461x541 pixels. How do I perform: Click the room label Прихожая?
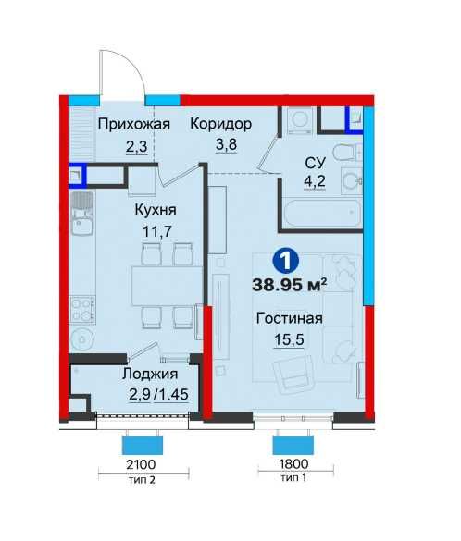(134, 125)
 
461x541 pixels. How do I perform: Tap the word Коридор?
(221, 124)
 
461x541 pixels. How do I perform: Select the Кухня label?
(156, 210)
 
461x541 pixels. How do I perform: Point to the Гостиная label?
(290, 318)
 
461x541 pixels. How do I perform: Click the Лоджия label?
(150, 374)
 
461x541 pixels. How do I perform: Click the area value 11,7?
(157, 231)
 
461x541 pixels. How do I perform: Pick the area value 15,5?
(289, 340)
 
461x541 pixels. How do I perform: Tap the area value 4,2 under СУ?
(314, 180)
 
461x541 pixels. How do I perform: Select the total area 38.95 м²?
(290, 285)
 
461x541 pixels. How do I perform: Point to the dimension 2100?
(141, 465)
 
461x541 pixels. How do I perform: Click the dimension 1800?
(293, 464)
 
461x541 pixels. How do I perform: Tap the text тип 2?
(142, 480)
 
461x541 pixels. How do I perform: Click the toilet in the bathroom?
(348, 153)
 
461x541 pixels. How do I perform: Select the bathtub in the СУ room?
(322, 213)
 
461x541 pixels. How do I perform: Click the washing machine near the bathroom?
(300, 119)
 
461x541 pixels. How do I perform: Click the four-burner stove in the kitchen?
(82, 310)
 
